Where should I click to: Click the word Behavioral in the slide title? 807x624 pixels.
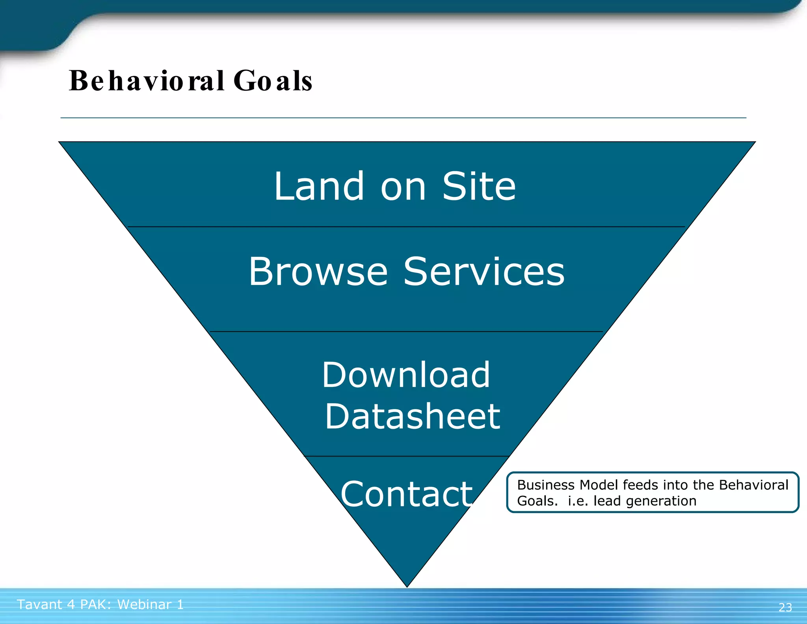click(x=147, y=80)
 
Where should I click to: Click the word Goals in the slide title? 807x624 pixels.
click(x=273, y=80)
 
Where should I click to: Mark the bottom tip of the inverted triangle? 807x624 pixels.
click(x=407, y=586)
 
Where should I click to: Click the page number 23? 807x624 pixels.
click(x=785, y=607)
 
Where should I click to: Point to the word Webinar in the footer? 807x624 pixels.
click(x=144, y=604)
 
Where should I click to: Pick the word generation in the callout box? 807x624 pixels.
click(x=661, y=501)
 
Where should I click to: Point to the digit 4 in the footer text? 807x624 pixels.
click(x=71, y=604)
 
